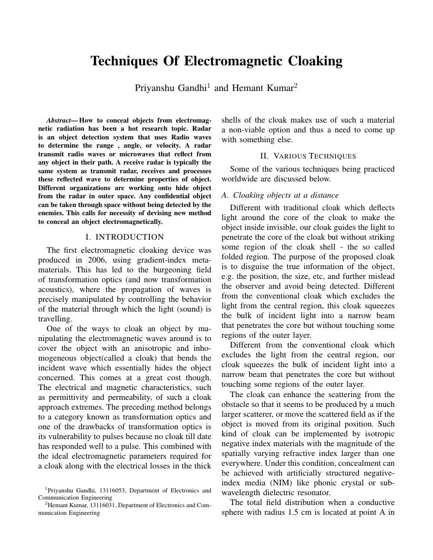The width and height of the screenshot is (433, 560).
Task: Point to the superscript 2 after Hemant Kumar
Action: pyautogui.click(x=296, y=85)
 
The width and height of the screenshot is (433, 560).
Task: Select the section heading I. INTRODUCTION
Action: pyautogui.click(x=125, y=237)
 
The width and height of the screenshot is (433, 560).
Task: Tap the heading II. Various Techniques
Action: pyautogui.click(x=308, y=156)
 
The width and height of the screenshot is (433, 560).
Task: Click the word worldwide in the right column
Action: pyautogui.click(x=242, y=179)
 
